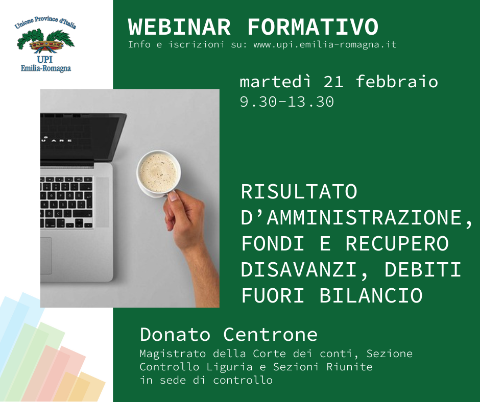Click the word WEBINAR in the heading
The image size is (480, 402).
point(179,27)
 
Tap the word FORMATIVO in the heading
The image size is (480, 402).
point(313,27)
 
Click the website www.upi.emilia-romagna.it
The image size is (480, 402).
point(325,45)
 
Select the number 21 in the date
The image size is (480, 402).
point(333,82)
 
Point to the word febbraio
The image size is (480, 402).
point(397,82)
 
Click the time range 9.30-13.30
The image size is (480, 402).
point(287,102)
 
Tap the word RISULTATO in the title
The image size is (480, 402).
point(299,191)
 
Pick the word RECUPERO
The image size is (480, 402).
point(397,243)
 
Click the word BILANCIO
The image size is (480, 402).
point(371,295)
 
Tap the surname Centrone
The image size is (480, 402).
point(270,334)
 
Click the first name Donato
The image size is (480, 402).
point(175,334)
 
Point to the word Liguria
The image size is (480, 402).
point(229,367)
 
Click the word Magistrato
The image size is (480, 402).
point(173,354)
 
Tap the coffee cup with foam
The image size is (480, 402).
point(159,173)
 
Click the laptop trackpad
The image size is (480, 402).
point(46,256)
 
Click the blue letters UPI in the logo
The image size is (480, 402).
point(45,59)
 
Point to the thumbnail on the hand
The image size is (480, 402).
point(173,196)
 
